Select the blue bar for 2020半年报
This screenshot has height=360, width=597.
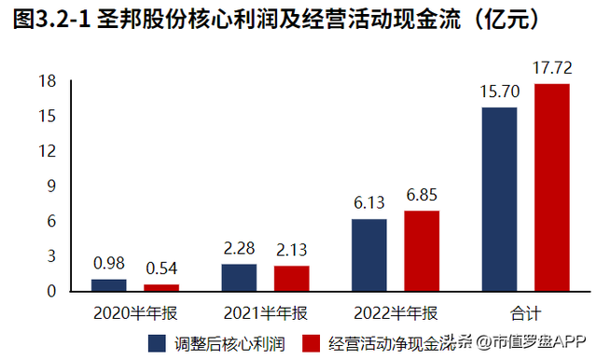(x=109, y=284)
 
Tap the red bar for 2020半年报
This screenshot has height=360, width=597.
(x=161, y=287)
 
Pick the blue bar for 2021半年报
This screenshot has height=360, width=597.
(x=239, y=277)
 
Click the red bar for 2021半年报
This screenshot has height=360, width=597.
(x=291, y=278)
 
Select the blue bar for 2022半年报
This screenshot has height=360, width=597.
(x=369, y=255)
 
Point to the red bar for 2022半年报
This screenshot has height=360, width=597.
(x=422, y=250)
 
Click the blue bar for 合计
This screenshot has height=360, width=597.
(x=499, y=199)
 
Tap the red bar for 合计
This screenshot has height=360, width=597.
(x=551, y=187)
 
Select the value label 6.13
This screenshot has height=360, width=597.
(x=369, y=201)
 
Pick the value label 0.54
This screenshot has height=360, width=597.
(x=161, y=268)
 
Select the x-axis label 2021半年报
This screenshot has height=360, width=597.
(x=266, y=310)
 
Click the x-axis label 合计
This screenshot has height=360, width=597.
(x=525, y=310)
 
